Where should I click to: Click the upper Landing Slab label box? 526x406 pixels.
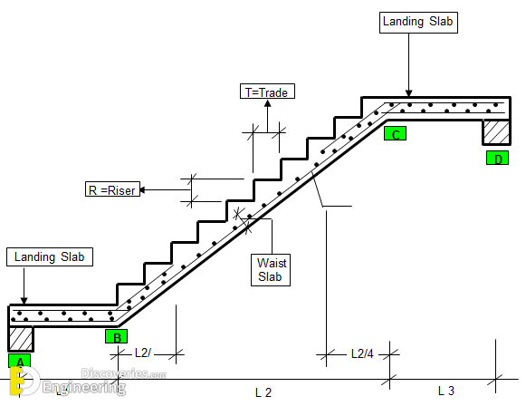pyautogui.click(x=418, y=23)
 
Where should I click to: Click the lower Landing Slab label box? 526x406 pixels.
pyautogui.click(x=50, y=257)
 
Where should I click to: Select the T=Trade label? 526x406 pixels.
pyautogui.click(x=267, y=92)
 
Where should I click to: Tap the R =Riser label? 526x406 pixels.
pyautogui.click(x=112, y=189)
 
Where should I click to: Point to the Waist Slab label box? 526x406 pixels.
pyautogui.click(x=271, y=270)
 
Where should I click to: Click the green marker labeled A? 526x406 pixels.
pyautogui.click(x=19, y=361)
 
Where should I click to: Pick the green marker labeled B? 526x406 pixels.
pyautogui.click(x=116, y=336)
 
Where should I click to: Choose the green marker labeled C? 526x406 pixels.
pyautogui.click(x=395, y=133)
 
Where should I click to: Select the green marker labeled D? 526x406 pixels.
pyautogui.click(x=498, y=158)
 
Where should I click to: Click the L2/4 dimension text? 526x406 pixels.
pyautogui.click(x=362, y=353)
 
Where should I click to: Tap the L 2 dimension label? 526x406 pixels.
pyautogui.click(x=263, y=392)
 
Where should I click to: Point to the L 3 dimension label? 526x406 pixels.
pyautogui.click(x=446, y=391)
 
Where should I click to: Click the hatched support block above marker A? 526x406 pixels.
pyautogui.click(x=21, y=339)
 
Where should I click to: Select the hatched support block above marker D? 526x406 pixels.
pyautogui.click(x=496, y=132)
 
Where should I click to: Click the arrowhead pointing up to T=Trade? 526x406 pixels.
pyautogui.click(x=267, y=103)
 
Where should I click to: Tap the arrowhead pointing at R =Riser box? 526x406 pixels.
pyautogui.click(x=143, y=189)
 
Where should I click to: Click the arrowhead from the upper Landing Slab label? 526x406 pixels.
pyautogui.click(x=408, y=93)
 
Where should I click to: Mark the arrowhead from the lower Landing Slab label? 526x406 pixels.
pyautogui.click(x=24, y=300)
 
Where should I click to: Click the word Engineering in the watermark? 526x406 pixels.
pyautogui.click(x=84, y=387)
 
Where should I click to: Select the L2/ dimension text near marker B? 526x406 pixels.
pyautogui.click(x=143, y=353)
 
